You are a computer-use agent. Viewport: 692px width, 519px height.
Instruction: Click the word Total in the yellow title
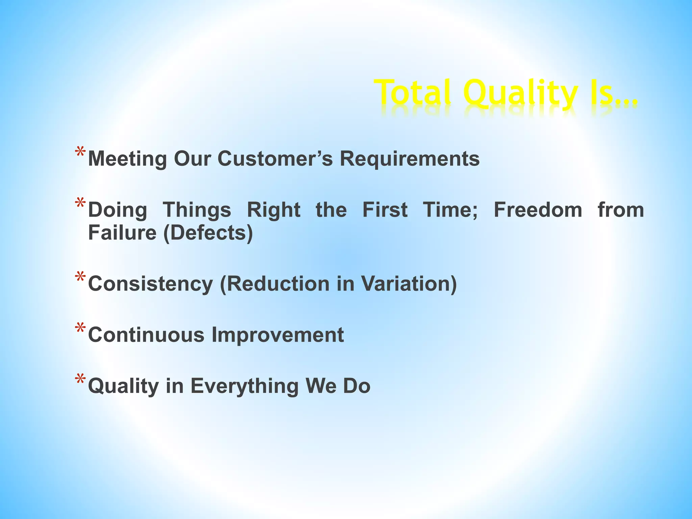(x=414, y=92)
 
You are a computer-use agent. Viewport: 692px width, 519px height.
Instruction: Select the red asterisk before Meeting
(x=80, y=152)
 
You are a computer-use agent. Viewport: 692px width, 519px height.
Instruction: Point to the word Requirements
(x=410, y=158)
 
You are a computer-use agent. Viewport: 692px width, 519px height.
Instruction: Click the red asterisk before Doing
(x=80, y=204)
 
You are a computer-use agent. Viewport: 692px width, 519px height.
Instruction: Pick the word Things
(x=197, y=210)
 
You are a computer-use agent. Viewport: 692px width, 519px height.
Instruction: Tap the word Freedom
(x=538, y=210)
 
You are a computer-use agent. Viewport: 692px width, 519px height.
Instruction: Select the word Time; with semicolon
(x=450, y=210)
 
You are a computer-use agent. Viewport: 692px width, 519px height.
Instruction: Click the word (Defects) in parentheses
(x=208, y=233)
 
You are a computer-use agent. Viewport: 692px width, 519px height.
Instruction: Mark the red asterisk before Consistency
(x=80, y=277)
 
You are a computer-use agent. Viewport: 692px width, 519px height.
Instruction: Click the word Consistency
(x=150, y=283)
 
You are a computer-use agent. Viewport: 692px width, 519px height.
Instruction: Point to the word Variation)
(x=409, y=283)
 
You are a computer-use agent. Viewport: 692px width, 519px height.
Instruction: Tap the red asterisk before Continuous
(x=80, y=329)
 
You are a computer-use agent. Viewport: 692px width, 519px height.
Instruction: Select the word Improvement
(x=277, y=335)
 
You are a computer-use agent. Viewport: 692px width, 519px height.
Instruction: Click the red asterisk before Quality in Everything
(x=80, y=380)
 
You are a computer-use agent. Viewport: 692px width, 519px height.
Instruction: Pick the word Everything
(x=245, y=386)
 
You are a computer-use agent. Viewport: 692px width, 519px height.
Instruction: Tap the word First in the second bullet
(x=385, y=210)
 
